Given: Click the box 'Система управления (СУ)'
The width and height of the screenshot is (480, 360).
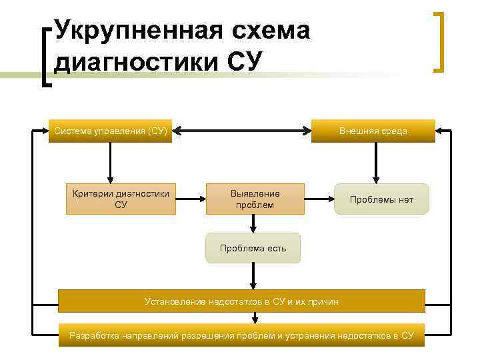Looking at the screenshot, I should click(111, 131).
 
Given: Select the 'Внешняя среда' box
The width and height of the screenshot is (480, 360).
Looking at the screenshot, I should click(373, 131).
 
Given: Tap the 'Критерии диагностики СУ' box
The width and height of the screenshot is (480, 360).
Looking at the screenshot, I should click(121, 199).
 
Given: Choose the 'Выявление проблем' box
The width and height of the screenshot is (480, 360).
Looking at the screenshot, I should click(255, 199).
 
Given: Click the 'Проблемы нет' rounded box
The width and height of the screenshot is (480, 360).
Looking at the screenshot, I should click(381, 199).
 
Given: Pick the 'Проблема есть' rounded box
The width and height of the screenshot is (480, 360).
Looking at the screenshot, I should click(253, 248).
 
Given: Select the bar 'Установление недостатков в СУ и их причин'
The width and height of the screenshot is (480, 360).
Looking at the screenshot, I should click(241, 301).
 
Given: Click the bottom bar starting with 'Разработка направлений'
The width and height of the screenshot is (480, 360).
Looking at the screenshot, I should click(241, 335).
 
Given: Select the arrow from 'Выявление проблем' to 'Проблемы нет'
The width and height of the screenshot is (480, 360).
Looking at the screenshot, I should click(319, 199).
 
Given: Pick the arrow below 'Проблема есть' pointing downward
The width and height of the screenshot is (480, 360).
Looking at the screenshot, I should click(253, 275).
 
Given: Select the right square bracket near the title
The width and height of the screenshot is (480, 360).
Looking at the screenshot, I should click(439, 41).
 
